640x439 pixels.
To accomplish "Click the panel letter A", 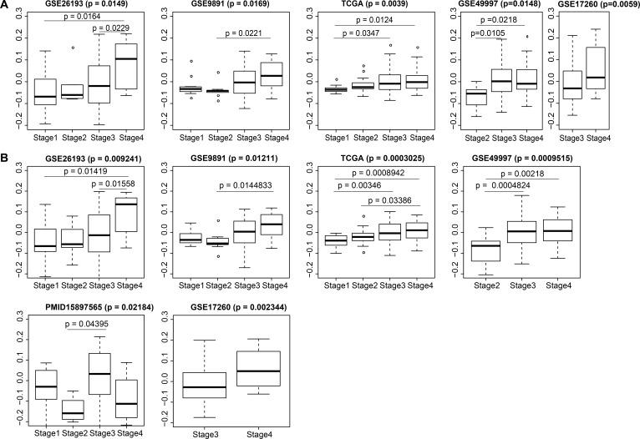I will pos(5,5).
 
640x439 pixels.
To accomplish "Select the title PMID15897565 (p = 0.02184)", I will pos(83,307).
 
